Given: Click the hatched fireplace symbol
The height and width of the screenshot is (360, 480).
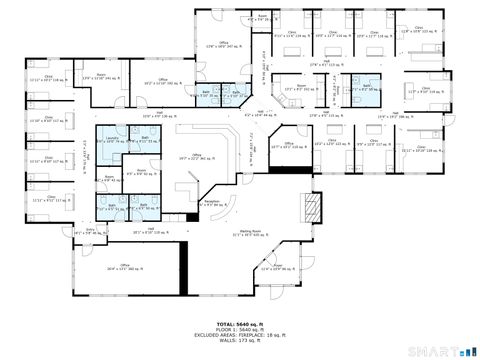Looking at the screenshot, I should [313, 207].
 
